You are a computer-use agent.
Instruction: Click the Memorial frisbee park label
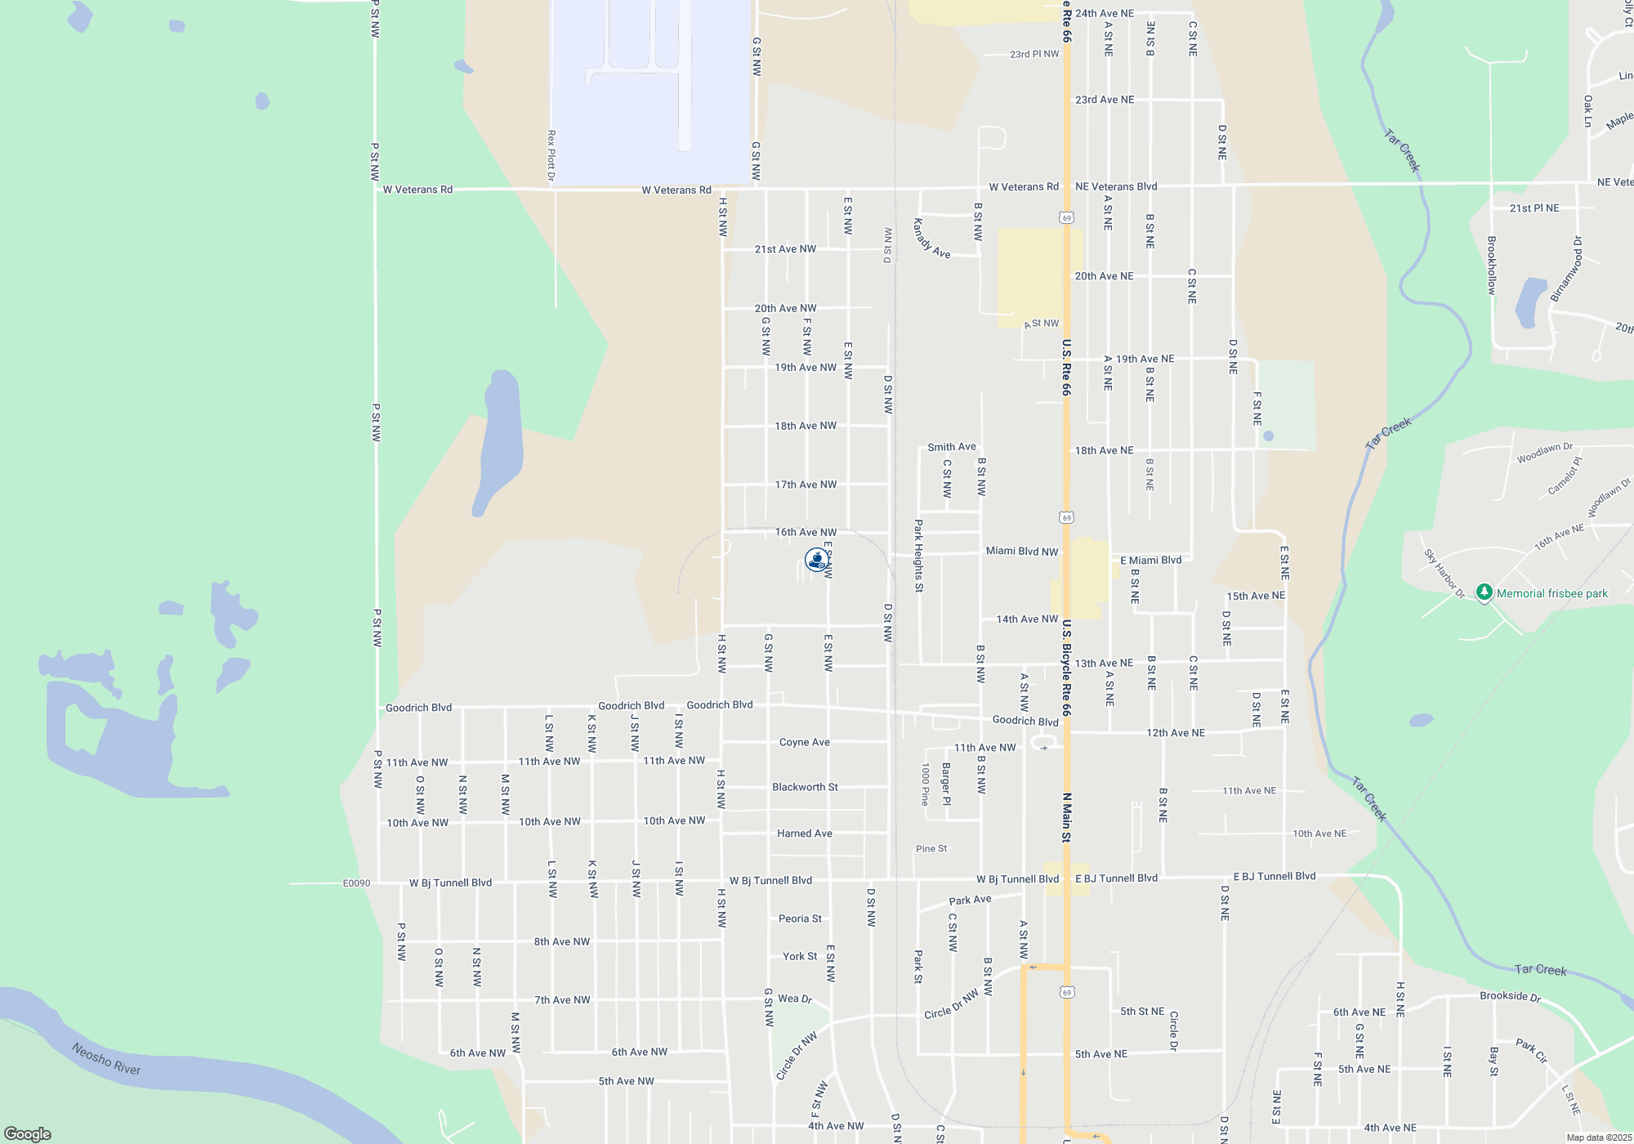coord(1551,594)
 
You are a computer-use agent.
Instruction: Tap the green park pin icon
coord(1484,592)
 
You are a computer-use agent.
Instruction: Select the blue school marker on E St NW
coord(816,559)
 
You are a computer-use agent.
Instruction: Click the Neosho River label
coord(105,1058)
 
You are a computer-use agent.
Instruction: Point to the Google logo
coord(28,1133)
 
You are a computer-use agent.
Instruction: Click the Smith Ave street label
coord(951,447)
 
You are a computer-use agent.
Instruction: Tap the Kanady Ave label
coord(931,238)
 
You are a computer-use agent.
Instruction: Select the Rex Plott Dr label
coord(551,155)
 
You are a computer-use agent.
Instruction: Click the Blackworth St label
coord(805,787)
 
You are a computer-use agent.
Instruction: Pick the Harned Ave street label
coord(804,833)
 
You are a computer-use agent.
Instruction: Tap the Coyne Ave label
coord(804,742)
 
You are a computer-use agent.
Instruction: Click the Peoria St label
coord(800,918)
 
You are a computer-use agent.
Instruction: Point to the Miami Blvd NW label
coord(1021,552)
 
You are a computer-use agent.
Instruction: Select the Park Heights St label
coord(918,556)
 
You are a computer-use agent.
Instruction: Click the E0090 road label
coord(356,883)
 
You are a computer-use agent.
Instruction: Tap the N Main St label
coord(1066,817)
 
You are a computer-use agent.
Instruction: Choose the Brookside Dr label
coord(1510,996)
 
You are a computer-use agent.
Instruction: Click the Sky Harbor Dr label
coord(1444,573)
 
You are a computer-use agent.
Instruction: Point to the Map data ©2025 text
coord(1599,1137)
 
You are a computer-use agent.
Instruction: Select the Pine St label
coord(931,849)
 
